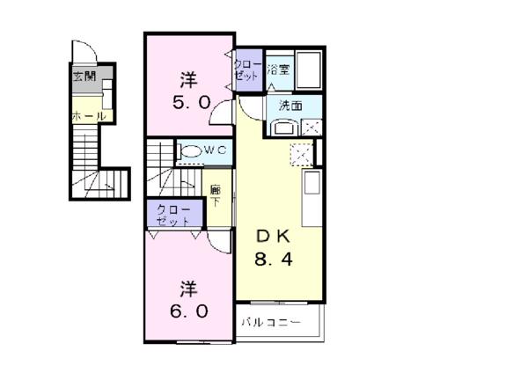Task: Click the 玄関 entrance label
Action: click(x=84, y=77)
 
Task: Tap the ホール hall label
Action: click(x=89, y=116)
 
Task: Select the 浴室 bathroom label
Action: click(x=278, y=70)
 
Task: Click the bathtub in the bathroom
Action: click(x=309, y=69)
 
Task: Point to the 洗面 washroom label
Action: click(x=290, y=106)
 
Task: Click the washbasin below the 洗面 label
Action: click(x=284, y=128)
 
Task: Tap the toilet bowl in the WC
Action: click(x=190, y=150)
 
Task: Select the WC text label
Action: click(x=216, y=150)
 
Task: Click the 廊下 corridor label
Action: click(x=216, y=196)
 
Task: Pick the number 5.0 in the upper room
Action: click(x=192, y=103)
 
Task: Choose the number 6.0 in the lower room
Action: click(x=188, y=311)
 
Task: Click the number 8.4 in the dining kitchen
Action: click(x=274, y=260)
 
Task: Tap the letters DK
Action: click(x=273, y=237)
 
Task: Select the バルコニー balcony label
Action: click(x=271, y=323)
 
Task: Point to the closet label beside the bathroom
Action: click(x=248, y=70)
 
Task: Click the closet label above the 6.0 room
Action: click(x=173, y=216)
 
